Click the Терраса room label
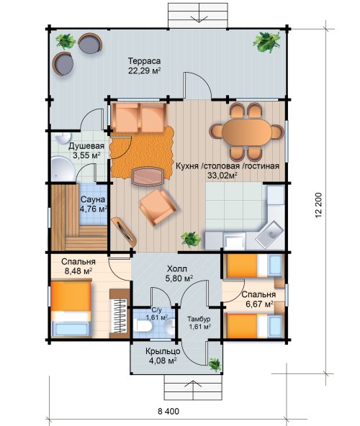pyautogui.click(x=145, y=61)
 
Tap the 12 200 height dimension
pyautogui.click(x=319, y=205)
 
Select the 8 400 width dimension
pyautogui.click(x=168, y=412)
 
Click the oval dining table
pyautogui.click(x=247, y=132)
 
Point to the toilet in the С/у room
pyautogui.click(x=143, y=325)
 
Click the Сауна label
pyautogui.click(x=93, y=199)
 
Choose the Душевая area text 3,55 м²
pyautogui.click(x=86, y=155)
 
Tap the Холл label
pyautogui.click(x=177, y=269)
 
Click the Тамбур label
pyautogui.click(x=199, y=319)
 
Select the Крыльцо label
pyautogui.click(x=163, y=351)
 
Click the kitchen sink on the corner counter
pyautogui.click(x=270, y=234)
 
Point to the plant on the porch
pyautogui.click(x=215, y=364)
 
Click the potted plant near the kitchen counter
pyautogui.click(x=191, y=239)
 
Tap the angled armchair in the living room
pyautogui.click(x=158, y=207)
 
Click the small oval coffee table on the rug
pyautogui.click(x=148, y=176)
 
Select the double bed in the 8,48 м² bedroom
pyautogui.click(x=71, y=309)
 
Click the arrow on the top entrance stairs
pyautogui.click(x=198, y=19)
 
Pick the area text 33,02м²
pyautogui.click(x=222, y=176)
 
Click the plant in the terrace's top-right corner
pyautogui.click(x=266, y=42)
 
